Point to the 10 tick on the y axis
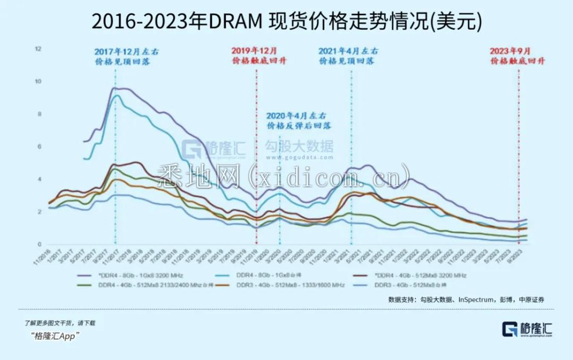[38, 82]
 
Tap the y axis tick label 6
[38, 147]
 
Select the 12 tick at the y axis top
[38, 49]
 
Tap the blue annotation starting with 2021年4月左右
[348, 56]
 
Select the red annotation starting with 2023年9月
[517, 56]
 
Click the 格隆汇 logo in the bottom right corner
[527, 329]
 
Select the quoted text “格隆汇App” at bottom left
[55, 336]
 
